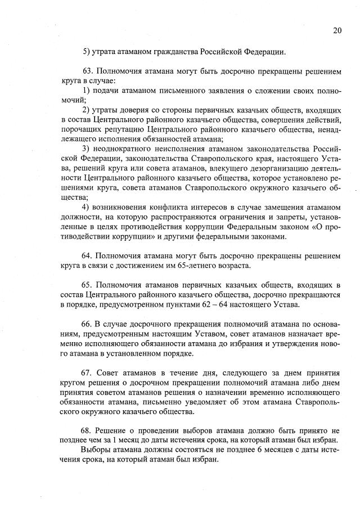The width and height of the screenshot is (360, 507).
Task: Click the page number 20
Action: click(337, 30)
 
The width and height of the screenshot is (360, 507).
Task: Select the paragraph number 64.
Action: click(87, 256)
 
